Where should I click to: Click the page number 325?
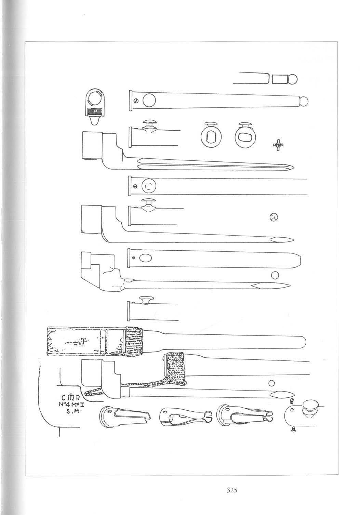(x=232, y=490)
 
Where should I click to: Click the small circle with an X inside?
(x=273, y=216)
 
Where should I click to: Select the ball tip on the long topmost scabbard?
(x=304, y=102)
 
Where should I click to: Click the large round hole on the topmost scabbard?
(x=149, y=101)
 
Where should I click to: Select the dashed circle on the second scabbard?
(x=149, y=186)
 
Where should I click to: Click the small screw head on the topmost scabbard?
(x=136, y=101)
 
